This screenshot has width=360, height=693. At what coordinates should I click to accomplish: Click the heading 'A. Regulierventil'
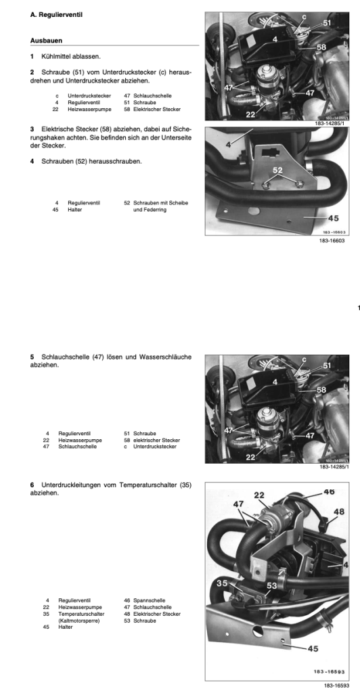coord(56,15)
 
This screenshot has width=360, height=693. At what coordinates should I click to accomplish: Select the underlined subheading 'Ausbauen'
coord(47,41)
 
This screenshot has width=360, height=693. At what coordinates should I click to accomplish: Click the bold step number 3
coord(32,129)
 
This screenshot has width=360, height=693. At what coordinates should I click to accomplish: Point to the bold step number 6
coord(32,485)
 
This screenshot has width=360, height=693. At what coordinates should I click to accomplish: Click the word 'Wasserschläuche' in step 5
coord(170,357)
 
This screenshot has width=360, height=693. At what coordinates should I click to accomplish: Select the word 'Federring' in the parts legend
coord(150,210)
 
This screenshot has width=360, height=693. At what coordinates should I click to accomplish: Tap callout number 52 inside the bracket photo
coord(277,170)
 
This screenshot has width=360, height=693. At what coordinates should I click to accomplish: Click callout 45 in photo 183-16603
coord(334,218)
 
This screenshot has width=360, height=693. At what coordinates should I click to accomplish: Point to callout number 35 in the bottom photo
coord(222,583)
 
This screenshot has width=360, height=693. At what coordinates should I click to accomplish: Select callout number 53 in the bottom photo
coord(271,585)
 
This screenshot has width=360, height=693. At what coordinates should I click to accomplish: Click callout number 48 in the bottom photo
coord(339,512)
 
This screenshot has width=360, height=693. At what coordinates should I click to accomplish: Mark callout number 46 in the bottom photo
coord(329,491)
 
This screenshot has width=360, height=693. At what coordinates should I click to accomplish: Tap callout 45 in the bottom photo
coord(313,649)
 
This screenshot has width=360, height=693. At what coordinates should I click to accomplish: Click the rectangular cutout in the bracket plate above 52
coord(269,153)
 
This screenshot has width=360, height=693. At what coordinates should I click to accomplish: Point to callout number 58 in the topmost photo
coord(321,47)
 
